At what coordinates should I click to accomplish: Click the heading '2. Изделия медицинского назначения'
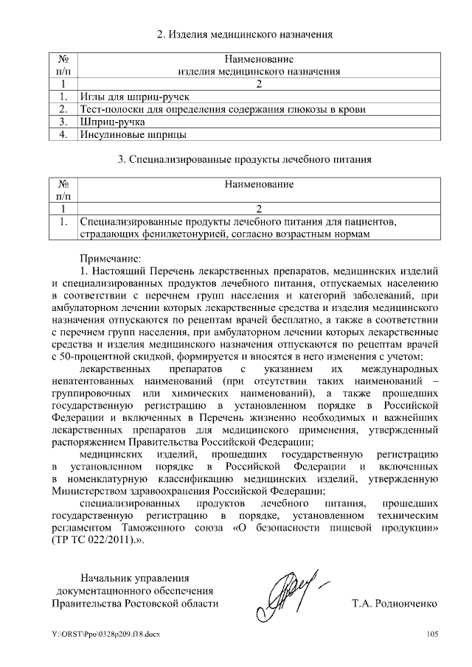tap(246, 34)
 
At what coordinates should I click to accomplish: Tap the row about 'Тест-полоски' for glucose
tap(223, 109)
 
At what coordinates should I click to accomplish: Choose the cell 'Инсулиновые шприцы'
tap(133, 134)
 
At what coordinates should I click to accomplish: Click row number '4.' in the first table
tap(64, 134)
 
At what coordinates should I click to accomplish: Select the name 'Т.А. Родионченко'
tap(395, 604)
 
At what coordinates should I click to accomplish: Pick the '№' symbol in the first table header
tap(63, 58)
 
